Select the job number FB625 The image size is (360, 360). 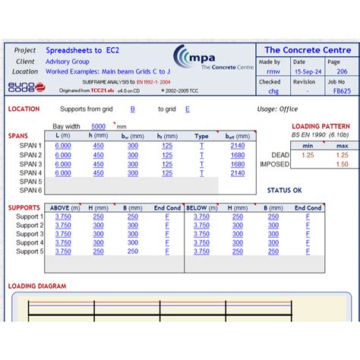342,91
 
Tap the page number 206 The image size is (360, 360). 343,72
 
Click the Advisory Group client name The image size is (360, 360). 68,62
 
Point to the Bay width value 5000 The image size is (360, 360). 99,126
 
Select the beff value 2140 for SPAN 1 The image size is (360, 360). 238,146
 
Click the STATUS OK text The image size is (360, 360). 284,190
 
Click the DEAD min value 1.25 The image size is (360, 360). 308,155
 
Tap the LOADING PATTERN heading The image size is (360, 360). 321,126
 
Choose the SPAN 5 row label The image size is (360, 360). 30,182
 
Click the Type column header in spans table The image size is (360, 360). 201,136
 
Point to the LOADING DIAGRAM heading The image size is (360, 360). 37,286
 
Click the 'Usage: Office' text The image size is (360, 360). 277,109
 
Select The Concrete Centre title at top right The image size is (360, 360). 308,50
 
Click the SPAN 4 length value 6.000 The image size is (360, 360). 63,172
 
